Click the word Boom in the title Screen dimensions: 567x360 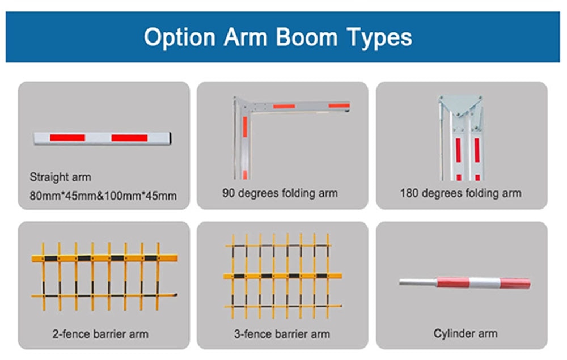click(x=306, y=37)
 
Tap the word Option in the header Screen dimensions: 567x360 click(x=180, y=38)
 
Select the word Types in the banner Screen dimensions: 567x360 click(x=379, y=38)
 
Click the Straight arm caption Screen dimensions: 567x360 click(x=61, y=177)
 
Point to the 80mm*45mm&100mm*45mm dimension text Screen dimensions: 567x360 click(x=103, y=196)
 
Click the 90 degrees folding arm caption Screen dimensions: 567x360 click(x=280, y=193)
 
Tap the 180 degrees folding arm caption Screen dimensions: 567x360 click(x=460, y=193)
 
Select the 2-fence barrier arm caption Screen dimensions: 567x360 click(x=100, y=334)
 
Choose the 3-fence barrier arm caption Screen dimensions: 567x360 click(x=282, y=334)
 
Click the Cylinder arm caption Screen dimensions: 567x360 click(x=466, y=333)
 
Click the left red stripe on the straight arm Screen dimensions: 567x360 click(x=67, y=138)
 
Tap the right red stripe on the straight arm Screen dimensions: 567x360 click(x=129, y=138)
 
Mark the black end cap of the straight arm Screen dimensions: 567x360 click(x=170, y=138)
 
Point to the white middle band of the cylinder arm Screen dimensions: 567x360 click(x=485, y=283)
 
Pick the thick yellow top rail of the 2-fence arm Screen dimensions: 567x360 click(x=104, y=258)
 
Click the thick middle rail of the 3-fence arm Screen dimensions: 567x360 click(x=282, y=276)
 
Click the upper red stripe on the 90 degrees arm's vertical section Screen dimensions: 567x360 click(x=245, y=127)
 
